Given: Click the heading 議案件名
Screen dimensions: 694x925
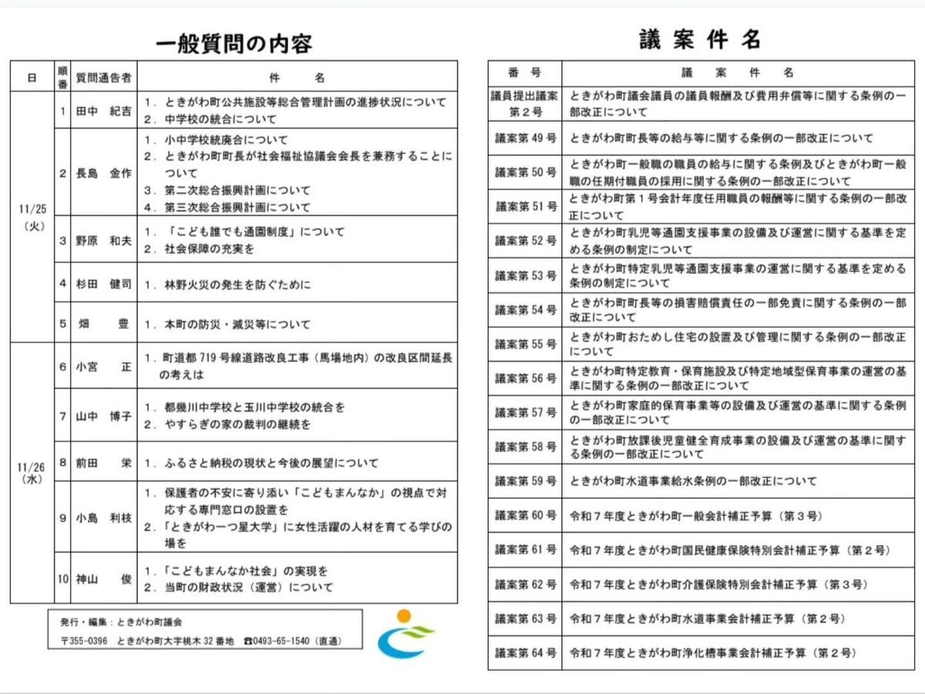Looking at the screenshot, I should tap(699, 39).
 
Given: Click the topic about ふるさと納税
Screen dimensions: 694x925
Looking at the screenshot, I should tap(266, 464).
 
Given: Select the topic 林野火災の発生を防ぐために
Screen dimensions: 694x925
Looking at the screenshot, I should tap(238, 285).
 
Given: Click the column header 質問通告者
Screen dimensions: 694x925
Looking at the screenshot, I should tap(103, 78).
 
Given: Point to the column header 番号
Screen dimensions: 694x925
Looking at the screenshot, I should tap(524, 73).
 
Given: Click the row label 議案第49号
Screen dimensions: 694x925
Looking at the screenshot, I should tap(525, 139).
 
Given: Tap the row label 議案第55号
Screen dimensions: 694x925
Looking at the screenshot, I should tap(525, 344).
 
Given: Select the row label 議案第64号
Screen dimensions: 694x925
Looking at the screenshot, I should tap(525, 652).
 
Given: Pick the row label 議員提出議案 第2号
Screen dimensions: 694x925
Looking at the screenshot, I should tap(525, 103).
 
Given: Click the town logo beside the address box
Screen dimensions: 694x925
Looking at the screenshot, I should tap(404, 635).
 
